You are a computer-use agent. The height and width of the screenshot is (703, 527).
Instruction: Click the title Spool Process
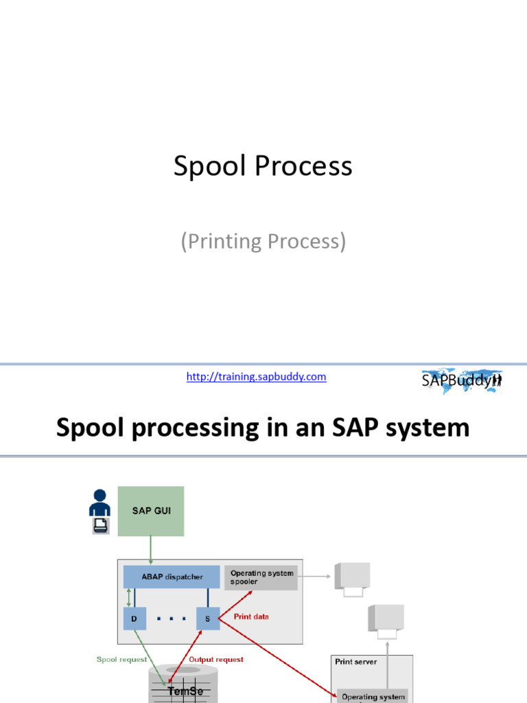263,167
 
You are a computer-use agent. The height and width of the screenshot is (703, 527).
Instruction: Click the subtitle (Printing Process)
263,242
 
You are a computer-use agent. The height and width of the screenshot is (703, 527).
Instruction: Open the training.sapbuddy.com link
256,376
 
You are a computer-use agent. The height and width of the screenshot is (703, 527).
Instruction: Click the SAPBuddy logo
461,380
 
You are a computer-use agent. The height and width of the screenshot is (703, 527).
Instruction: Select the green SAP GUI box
151,511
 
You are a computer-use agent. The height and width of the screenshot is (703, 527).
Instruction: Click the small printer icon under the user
100,526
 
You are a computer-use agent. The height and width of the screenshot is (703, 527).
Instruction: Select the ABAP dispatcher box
172,577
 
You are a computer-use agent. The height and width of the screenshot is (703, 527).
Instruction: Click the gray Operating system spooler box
261,577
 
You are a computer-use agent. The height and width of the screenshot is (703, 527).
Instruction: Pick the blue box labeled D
134,619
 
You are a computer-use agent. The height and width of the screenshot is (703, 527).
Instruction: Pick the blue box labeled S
207,619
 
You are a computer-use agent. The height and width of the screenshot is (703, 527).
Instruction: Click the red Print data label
251,616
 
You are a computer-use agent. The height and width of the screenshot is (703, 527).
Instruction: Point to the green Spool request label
122,660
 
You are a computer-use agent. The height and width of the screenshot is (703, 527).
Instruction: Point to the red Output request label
215,660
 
